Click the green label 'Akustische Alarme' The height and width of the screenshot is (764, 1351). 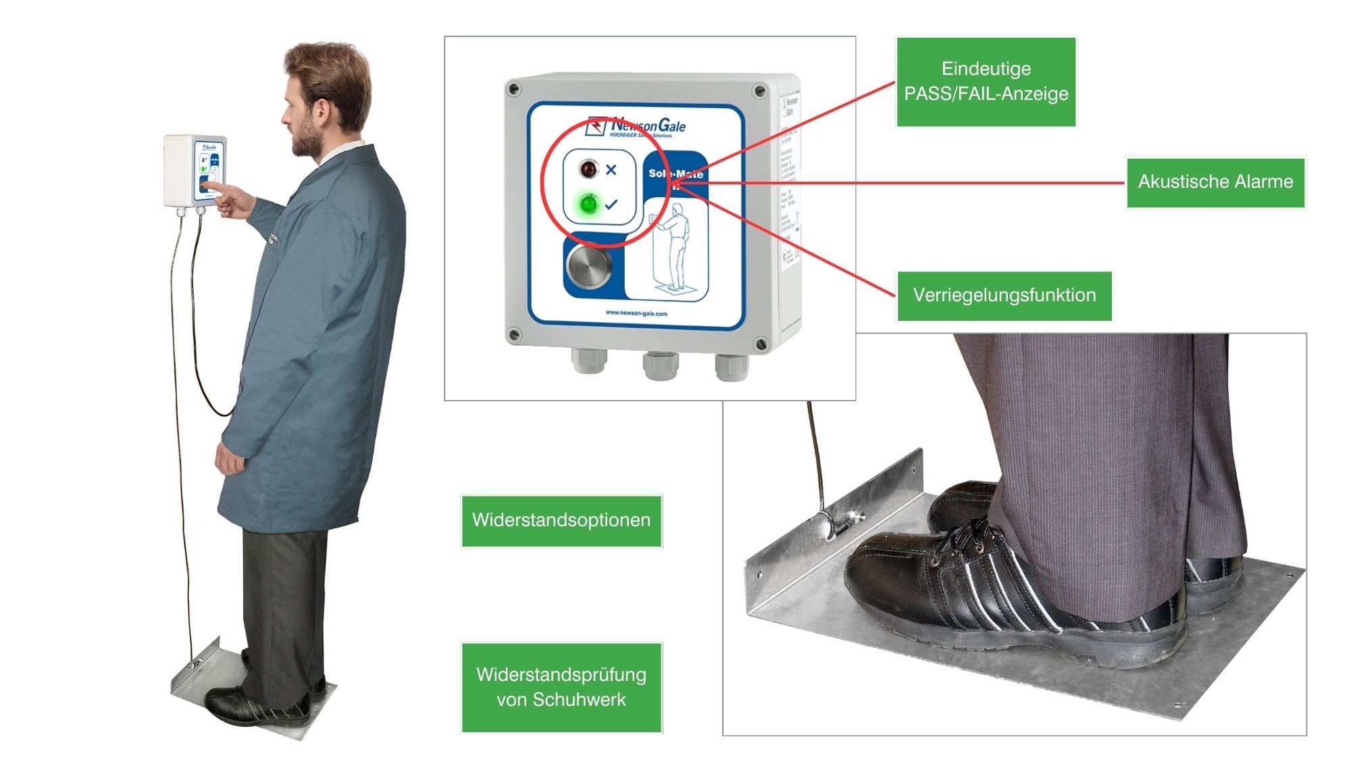1215,182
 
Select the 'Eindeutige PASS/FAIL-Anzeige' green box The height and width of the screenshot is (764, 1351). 986,81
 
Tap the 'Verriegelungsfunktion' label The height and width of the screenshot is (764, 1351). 1004,295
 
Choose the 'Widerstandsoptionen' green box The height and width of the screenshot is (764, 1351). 561,520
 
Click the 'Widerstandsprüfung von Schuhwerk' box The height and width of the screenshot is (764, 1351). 561,687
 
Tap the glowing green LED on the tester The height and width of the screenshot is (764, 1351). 588,203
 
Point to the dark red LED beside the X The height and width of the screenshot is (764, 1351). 589,169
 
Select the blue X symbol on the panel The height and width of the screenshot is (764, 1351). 611,170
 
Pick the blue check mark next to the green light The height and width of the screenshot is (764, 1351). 611,204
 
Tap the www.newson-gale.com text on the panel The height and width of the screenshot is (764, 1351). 636,313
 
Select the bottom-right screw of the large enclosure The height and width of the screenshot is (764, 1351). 761,345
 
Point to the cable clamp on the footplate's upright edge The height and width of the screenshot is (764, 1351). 841,524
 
